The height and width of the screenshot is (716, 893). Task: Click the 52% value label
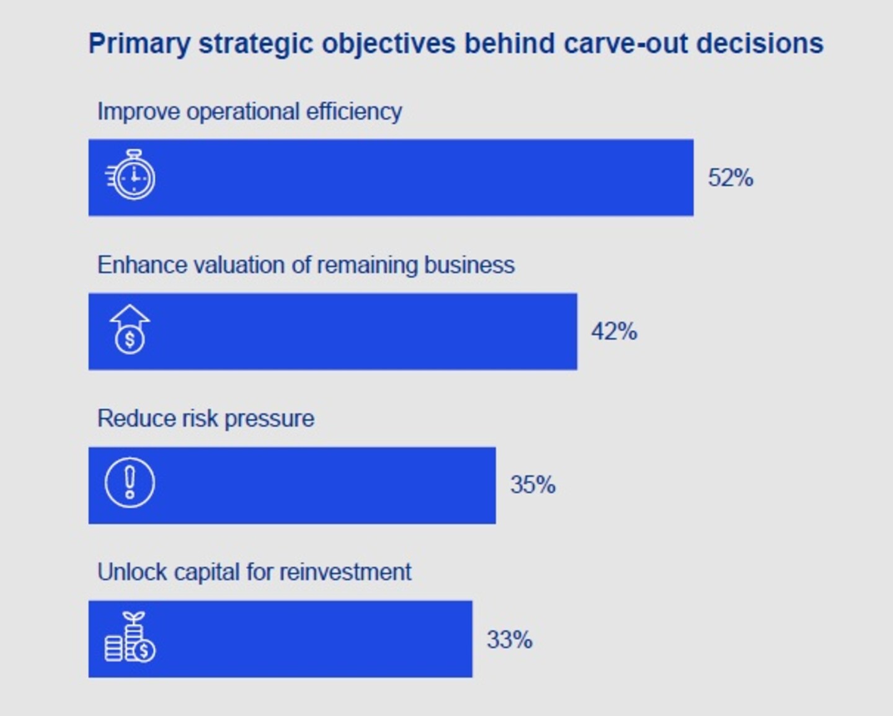click(731, 177)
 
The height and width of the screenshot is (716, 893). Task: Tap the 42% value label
click(614, 331)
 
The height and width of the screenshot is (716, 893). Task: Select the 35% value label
click(533, 485)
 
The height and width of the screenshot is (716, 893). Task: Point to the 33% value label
click(510, 639)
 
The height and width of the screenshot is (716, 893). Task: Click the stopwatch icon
click(130, 175)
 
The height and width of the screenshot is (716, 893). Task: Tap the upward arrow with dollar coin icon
click(130, 329)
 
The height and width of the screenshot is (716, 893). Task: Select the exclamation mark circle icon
click(130, 483)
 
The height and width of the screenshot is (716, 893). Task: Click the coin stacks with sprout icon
click(130, 637)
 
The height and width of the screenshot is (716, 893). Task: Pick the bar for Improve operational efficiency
click(391, 177)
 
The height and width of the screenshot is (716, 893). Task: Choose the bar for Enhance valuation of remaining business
click(333, 331)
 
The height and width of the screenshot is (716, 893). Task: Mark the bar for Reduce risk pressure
click(292, 485)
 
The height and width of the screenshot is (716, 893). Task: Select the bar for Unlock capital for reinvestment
click(280, 639)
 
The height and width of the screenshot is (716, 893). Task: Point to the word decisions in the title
click(760, 43)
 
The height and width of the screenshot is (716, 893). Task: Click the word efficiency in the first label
click(354, 112)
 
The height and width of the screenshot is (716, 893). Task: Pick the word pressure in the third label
click(269, 419)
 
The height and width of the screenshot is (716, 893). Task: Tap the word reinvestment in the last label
click(345, 572)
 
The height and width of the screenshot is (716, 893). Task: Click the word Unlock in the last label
click(132, 572)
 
